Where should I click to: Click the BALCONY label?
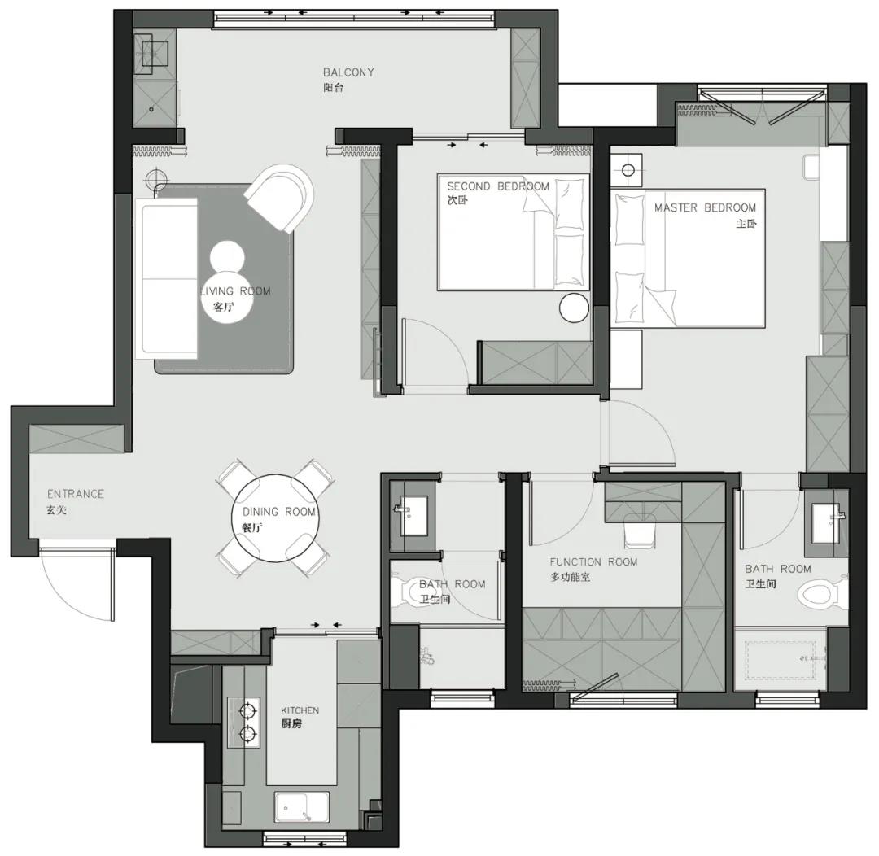click(x=348, y=72)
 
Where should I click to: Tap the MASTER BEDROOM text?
click(x=705, y=208)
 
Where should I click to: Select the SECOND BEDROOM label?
click(x=498, y=186)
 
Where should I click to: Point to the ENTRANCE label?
click(x=75, y=494)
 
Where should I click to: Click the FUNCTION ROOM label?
click(x=593, y=561)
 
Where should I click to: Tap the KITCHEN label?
click(x=300, y=710)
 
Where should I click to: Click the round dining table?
click(x=276, y=518)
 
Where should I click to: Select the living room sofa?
click(x=167, y=278)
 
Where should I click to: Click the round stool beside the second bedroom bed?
click(x=574, y=308)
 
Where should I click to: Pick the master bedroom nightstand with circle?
click(x=628, y=170)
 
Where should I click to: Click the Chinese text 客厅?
click(x=224, y=308)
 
